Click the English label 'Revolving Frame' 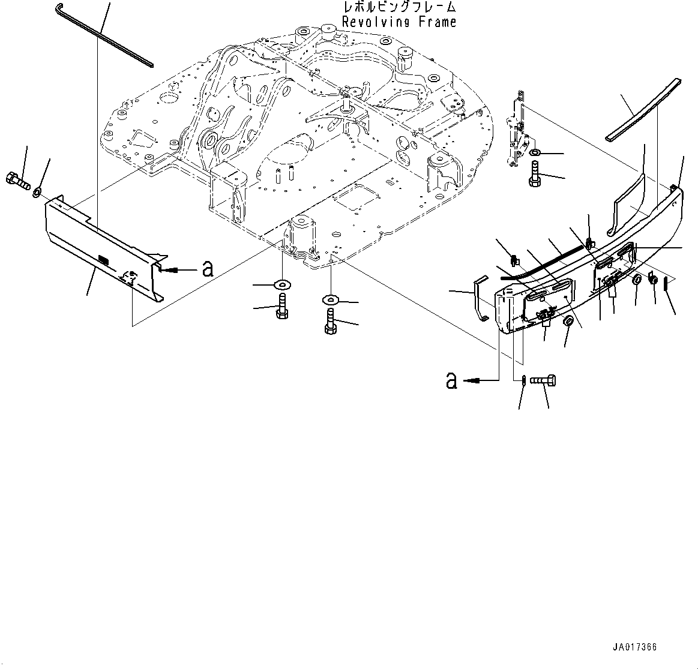click(x=399, y=22)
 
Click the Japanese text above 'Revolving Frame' click(x=399, y=8)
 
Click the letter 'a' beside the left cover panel click(x=208, y=269)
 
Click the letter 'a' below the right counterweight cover click(x=451, y=380)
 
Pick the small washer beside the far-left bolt click(x=37, y=192)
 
